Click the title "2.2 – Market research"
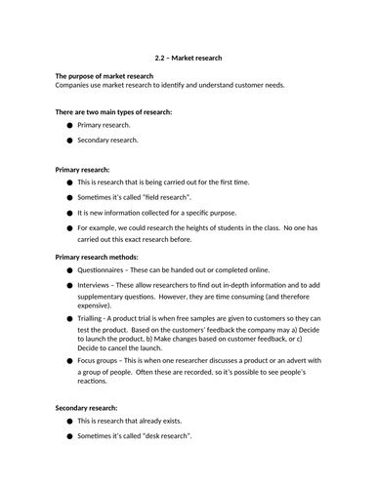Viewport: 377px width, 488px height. pyautogui.click(x=188, y=58)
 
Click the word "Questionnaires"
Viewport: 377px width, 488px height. pyautogui.click(x=103, y=270)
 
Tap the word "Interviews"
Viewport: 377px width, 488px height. pyautogui.click(x=94, y=285)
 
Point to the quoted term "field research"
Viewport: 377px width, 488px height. pyautogui.click(x=164, y=196)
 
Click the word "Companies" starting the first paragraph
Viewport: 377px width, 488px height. pyautogui.click(x=77, y=85)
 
